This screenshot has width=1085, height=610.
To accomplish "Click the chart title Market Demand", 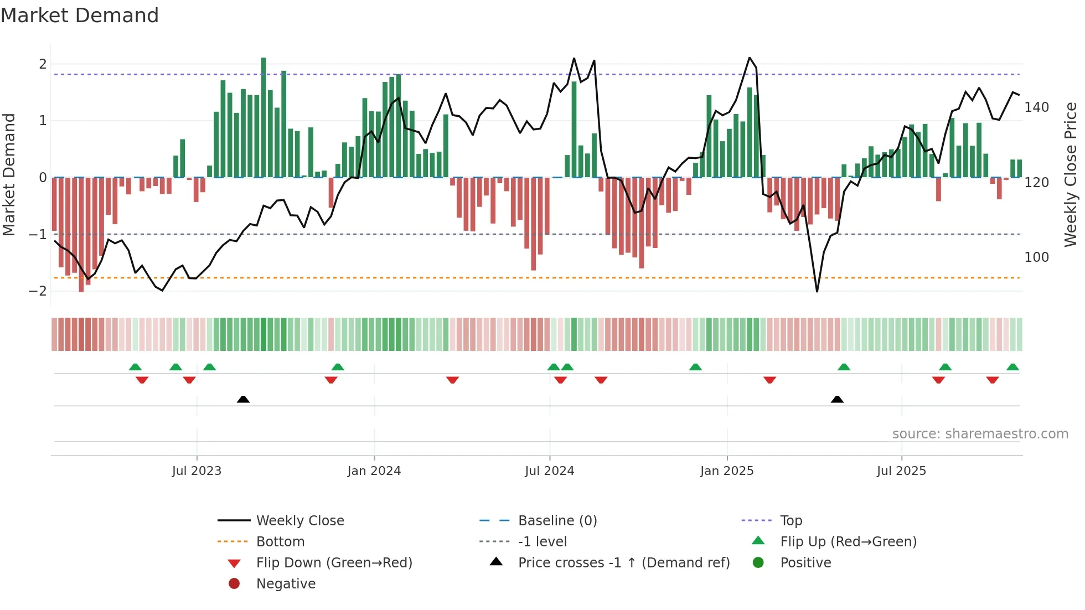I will (x=80, y=15).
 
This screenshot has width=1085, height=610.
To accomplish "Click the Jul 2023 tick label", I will (x=197, y=471).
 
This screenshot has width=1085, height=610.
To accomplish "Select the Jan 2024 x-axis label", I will (x=374, y=471).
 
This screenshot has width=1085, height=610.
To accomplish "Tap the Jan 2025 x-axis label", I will (x=726, y=471).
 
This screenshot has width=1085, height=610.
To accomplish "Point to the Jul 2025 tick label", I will (x=901, y=471).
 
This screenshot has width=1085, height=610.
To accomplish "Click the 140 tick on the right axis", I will (x=1036, y=107).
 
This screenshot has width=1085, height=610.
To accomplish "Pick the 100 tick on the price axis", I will (x=1036, y=257).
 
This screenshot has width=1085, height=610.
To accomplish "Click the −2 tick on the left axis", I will (x=38, y=291).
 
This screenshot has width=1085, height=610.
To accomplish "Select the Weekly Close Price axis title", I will (x=1071, y=174).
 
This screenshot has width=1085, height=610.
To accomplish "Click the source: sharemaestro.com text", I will (x=980, y=434).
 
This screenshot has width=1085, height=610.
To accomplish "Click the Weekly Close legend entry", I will (x=299, y=521).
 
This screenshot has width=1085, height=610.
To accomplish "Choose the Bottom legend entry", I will (x=280, y=542).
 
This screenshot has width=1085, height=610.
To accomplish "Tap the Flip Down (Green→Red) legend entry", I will (x=334, y=563).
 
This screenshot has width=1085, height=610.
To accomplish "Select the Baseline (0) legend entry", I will (x=557, y=521).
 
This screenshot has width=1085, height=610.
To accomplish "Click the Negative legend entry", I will (x=286, y=584).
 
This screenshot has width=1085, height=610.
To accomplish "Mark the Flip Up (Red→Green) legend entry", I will (x=848, y=542).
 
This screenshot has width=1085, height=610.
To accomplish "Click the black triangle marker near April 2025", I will (x=837, y=400).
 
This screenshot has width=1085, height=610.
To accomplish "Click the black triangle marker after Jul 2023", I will (x=243, y=400).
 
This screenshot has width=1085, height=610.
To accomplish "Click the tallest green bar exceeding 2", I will (x=263, y=116).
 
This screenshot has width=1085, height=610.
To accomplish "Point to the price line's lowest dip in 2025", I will (x=817, y=291).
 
